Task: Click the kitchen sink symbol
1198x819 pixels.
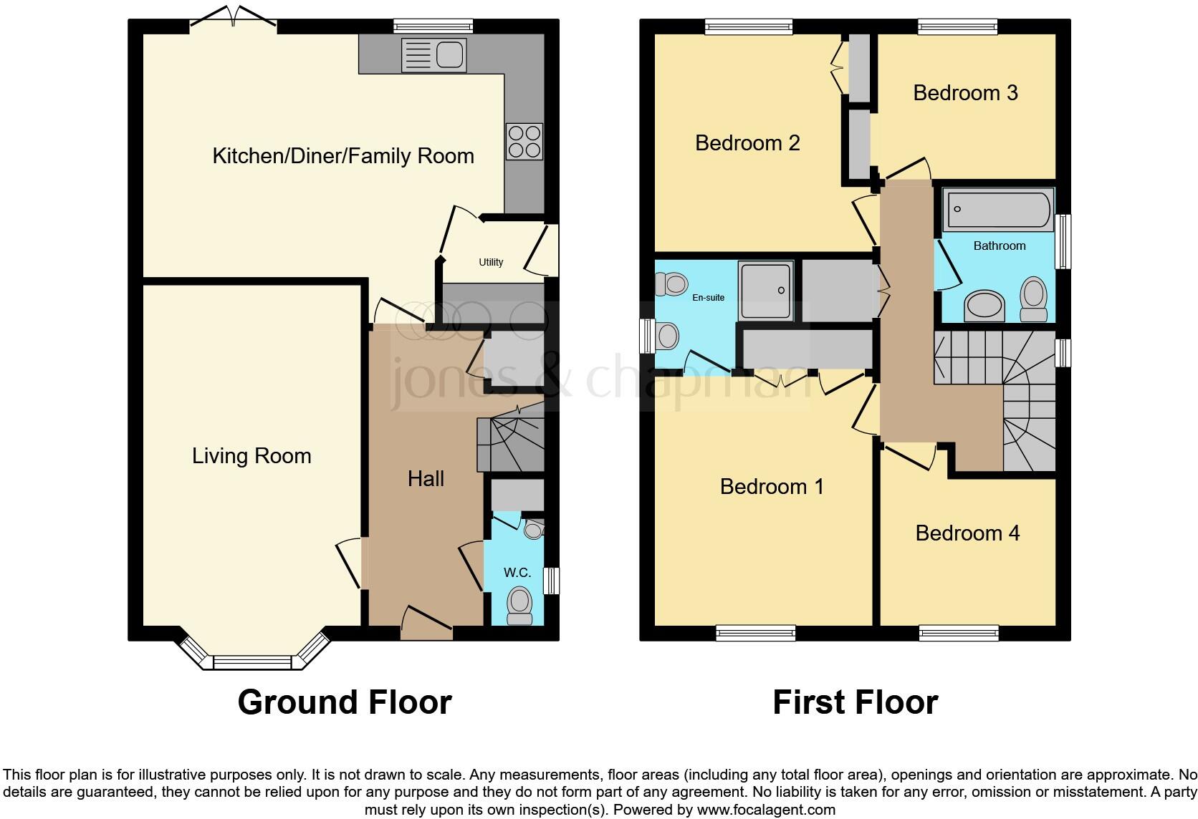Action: tap(434, 55)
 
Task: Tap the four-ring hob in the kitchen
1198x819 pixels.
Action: tap(524, 142)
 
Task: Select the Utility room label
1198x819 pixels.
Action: tap(491, 262)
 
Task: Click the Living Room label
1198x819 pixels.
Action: tap(251, 456)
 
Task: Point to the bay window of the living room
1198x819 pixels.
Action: tap(253, 661)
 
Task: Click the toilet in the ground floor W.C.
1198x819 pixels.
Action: tap(519, 606)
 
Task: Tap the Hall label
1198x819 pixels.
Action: tap(426, 479)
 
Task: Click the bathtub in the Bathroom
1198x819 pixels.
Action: tap(998, 209)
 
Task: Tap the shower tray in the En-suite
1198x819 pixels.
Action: tap(766, 290)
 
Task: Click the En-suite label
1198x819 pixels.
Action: tap(708, 298)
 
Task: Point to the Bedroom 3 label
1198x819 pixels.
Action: tap(965, 93)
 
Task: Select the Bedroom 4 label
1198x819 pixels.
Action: tap(967, 533)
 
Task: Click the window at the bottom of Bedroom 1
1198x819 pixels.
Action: tap(755, 633)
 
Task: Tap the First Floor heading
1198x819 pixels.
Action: tap(855, 702)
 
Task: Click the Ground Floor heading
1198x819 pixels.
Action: tap(345, 702)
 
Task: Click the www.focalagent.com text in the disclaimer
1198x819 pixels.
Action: tap(766, 810)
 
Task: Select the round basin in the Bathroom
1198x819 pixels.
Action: tap(985, 306)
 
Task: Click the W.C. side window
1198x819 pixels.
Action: tap(551, 581)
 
